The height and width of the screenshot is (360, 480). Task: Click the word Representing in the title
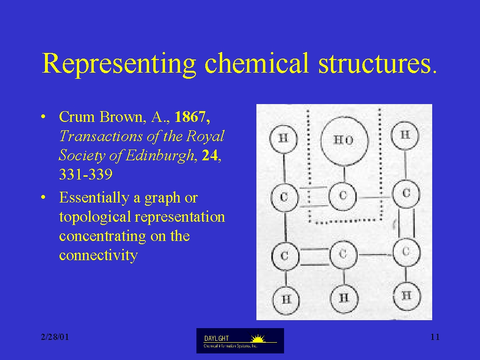pyautogui.click(x=119, y=64)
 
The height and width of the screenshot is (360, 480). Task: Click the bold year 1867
pyautogui.click(x=192, y=117)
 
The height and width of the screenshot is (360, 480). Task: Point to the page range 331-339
pyautogui.click(x=86, y=174)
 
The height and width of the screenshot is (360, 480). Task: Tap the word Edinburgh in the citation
pyautogui.click(x=160, y=156)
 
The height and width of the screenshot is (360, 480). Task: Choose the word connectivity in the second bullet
pyautogui.click(x=98, y=255)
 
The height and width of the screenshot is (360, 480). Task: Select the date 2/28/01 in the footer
pyautogui.click(x=55, y=337)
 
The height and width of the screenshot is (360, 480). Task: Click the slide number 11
pyautogui.click(x=435, y=337)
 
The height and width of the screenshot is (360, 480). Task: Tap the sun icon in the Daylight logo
pyautogui.click(x=258, y=338)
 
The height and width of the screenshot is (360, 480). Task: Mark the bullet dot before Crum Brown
pyautogui.click(x=43, y=117)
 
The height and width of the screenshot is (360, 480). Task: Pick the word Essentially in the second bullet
pyautogui.click(x=94, y=198)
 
